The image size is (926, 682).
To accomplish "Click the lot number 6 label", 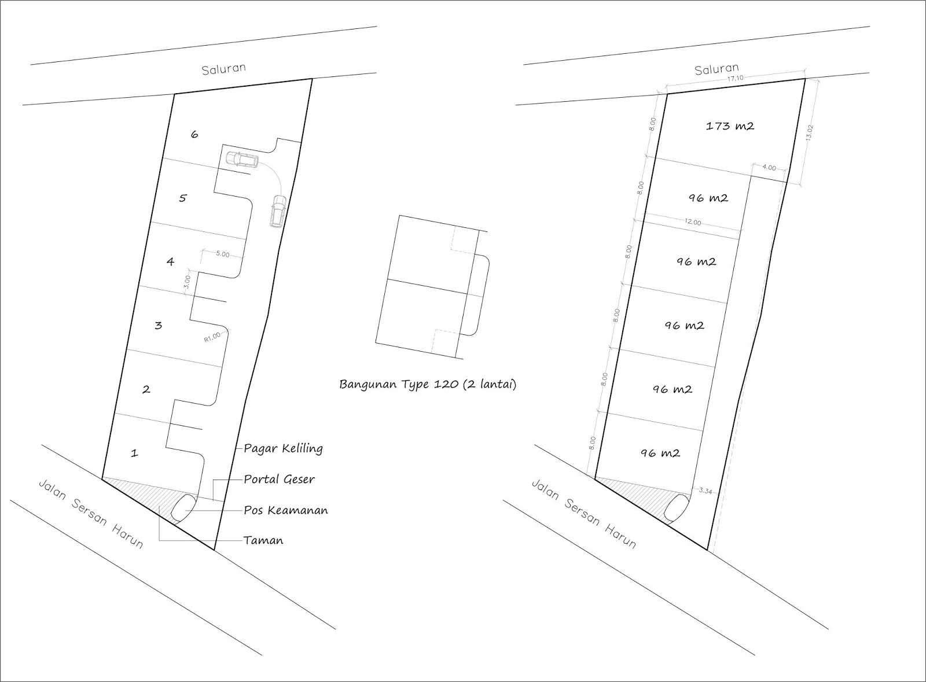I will point(194,134).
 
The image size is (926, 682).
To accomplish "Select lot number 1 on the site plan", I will point(134,453).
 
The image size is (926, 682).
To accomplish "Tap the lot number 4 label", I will point(170,261).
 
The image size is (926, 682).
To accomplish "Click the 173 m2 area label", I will point(730,126).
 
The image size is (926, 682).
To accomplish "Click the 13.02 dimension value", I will point(810,132).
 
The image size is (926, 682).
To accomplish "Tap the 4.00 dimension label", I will point(769,168).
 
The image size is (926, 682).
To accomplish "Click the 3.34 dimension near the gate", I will point(705,491).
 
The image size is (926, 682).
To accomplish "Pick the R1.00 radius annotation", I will point(212,337).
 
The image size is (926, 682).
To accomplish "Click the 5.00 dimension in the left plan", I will point(222,255).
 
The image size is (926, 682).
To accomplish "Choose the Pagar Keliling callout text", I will point(283,448).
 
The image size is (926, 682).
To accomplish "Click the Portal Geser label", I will point(279,479).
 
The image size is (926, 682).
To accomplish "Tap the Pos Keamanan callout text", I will point(285,510).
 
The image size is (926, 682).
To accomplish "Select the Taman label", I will point(263,540).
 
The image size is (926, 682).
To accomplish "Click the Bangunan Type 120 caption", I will point(427,385).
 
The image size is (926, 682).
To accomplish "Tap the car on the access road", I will point(278,210).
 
